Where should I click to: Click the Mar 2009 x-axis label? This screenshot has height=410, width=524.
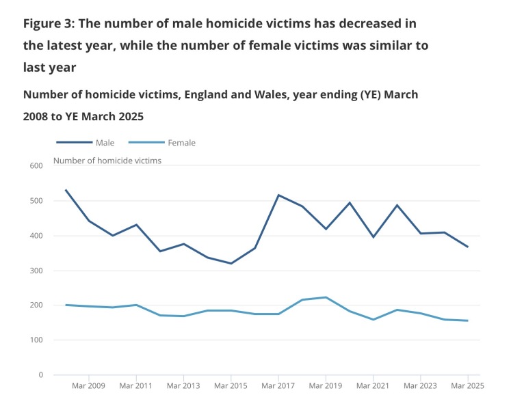coord(89,386)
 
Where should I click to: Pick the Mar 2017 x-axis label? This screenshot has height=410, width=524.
coord(278,386)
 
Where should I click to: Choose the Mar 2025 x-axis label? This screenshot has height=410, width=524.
coord(468,386)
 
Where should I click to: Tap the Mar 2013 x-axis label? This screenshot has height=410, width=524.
coord(183,386)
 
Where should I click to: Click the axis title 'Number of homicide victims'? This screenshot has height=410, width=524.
coord(107,161)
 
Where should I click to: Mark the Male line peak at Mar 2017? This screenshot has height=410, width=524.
coord(278,195)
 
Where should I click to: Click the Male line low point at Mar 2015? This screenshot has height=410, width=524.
coord(231,263)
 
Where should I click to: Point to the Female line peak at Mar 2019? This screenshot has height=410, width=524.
coord(326,297)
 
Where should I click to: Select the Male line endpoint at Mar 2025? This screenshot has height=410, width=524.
coord(468,247)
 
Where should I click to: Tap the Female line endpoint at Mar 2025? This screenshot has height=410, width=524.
coord(468,320)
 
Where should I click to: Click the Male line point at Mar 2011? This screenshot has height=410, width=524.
coord(136,225)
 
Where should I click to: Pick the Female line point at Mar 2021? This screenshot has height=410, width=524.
coord(373,319)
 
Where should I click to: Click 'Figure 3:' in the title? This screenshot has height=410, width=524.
coord(49,23)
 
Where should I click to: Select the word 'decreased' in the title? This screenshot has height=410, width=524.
coord(367,23)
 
